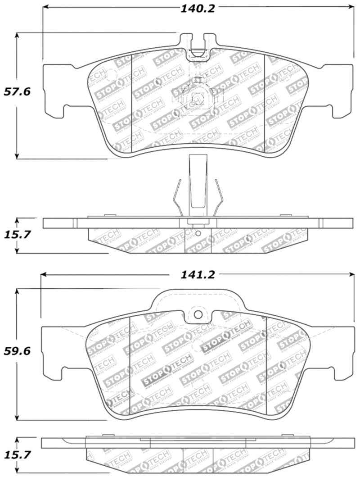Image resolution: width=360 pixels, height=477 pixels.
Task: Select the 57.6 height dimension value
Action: [17, 92]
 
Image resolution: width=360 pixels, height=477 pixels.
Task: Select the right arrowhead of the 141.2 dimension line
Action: [352, 274]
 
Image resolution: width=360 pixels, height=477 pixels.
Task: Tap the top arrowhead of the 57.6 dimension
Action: [17, 35]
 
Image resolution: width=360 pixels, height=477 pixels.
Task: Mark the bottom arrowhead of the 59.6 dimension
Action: [17, 417]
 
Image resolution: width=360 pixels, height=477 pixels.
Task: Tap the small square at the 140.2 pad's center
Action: [197, 98]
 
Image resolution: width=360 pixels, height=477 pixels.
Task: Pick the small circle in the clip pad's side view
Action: [198, 233]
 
